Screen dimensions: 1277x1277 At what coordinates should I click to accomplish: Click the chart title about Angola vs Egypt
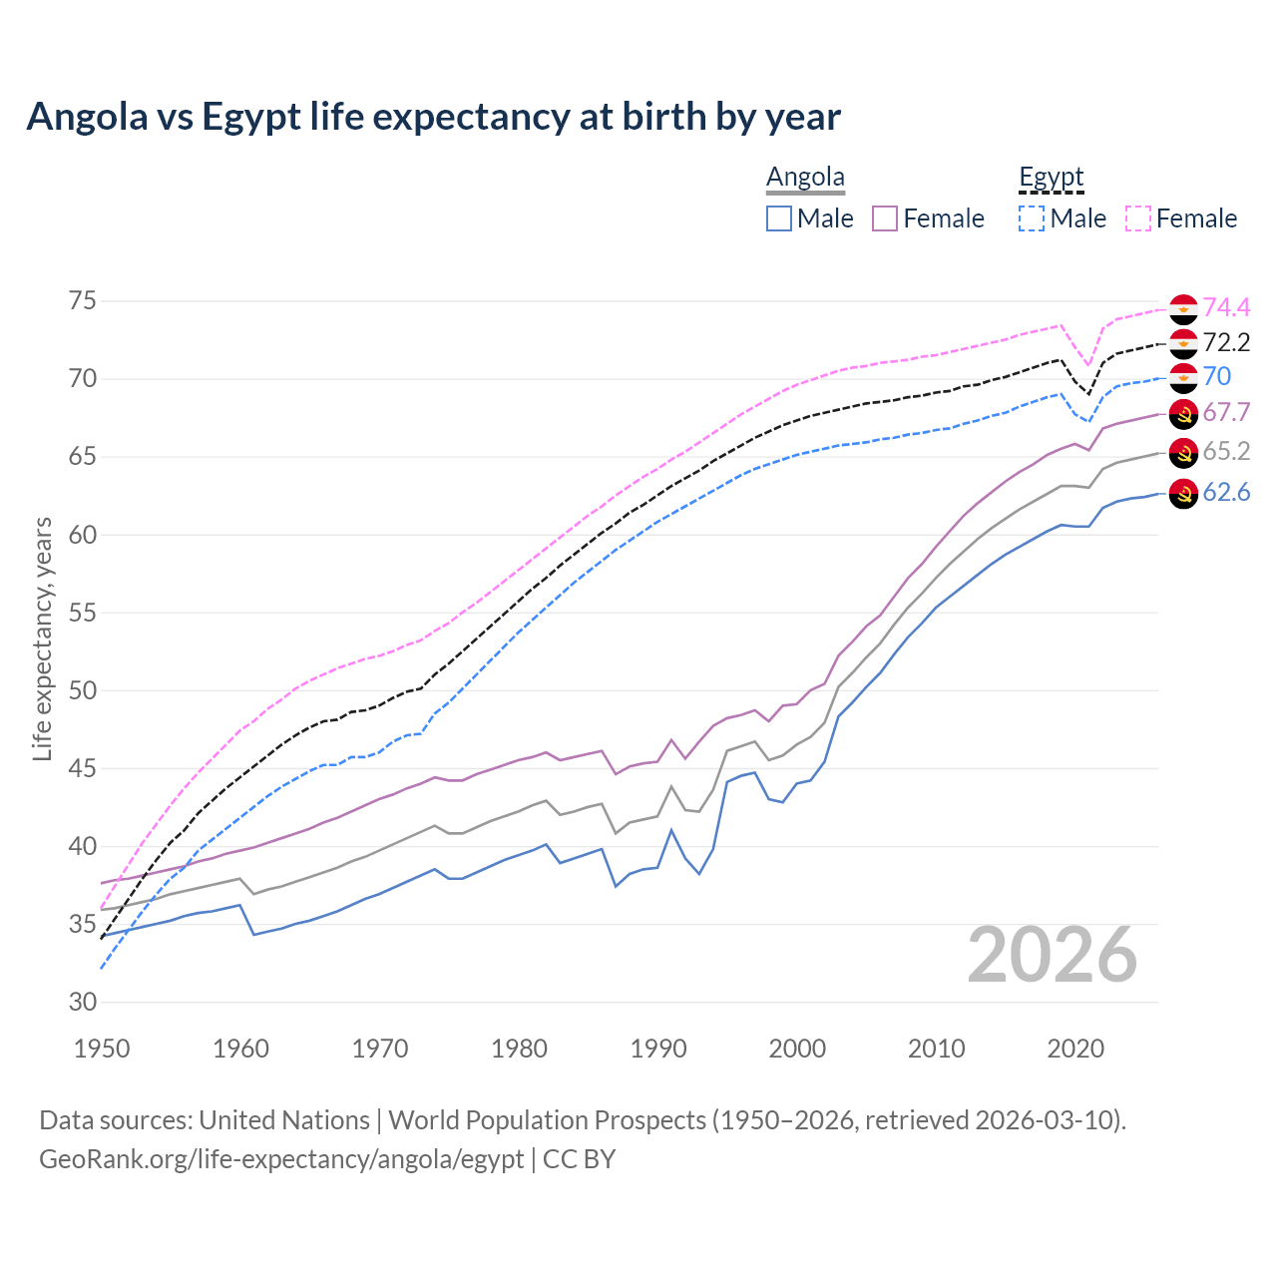coord(433,117)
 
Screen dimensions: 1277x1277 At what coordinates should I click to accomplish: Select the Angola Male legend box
coord(779,218)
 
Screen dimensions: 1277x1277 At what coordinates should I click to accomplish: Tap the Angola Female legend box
coord(885,218)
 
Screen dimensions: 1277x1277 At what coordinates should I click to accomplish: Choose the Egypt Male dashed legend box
coord(1032,218)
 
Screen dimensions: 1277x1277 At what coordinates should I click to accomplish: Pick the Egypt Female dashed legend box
coord(1138,218)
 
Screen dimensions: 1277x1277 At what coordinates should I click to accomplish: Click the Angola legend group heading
coord(805,178)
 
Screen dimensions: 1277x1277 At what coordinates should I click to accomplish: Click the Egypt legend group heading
coord(1051,178)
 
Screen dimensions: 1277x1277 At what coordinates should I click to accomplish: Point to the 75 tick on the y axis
coord(83,301)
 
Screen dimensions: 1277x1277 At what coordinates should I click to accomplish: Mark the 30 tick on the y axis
coord(83,1003)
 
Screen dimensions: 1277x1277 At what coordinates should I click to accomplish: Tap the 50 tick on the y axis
coord(83,690)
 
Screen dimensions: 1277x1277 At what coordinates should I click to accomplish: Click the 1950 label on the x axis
coord(102,1049)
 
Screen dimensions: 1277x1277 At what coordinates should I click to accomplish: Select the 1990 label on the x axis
coord(658,1049)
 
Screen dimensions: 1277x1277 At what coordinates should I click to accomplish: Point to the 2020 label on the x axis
coord(1075,1049)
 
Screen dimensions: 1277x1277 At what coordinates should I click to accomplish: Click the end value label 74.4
coord(1226,307)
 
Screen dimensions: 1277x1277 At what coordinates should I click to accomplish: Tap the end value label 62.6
coord(1226,493)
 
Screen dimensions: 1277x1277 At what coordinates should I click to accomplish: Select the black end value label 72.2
coord(1226,343)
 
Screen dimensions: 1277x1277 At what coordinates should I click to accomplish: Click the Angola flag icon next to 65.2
coord(1183,453)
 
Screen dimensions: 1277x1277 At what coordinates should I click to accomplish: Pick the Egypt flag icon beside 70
coord(1183,378)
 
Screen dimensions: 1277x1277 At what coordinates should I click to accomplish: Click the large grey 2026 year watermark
coord(1053,955)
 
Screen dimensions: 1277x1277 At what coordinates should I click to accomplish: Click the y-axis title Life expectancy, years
coord(42,638)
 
